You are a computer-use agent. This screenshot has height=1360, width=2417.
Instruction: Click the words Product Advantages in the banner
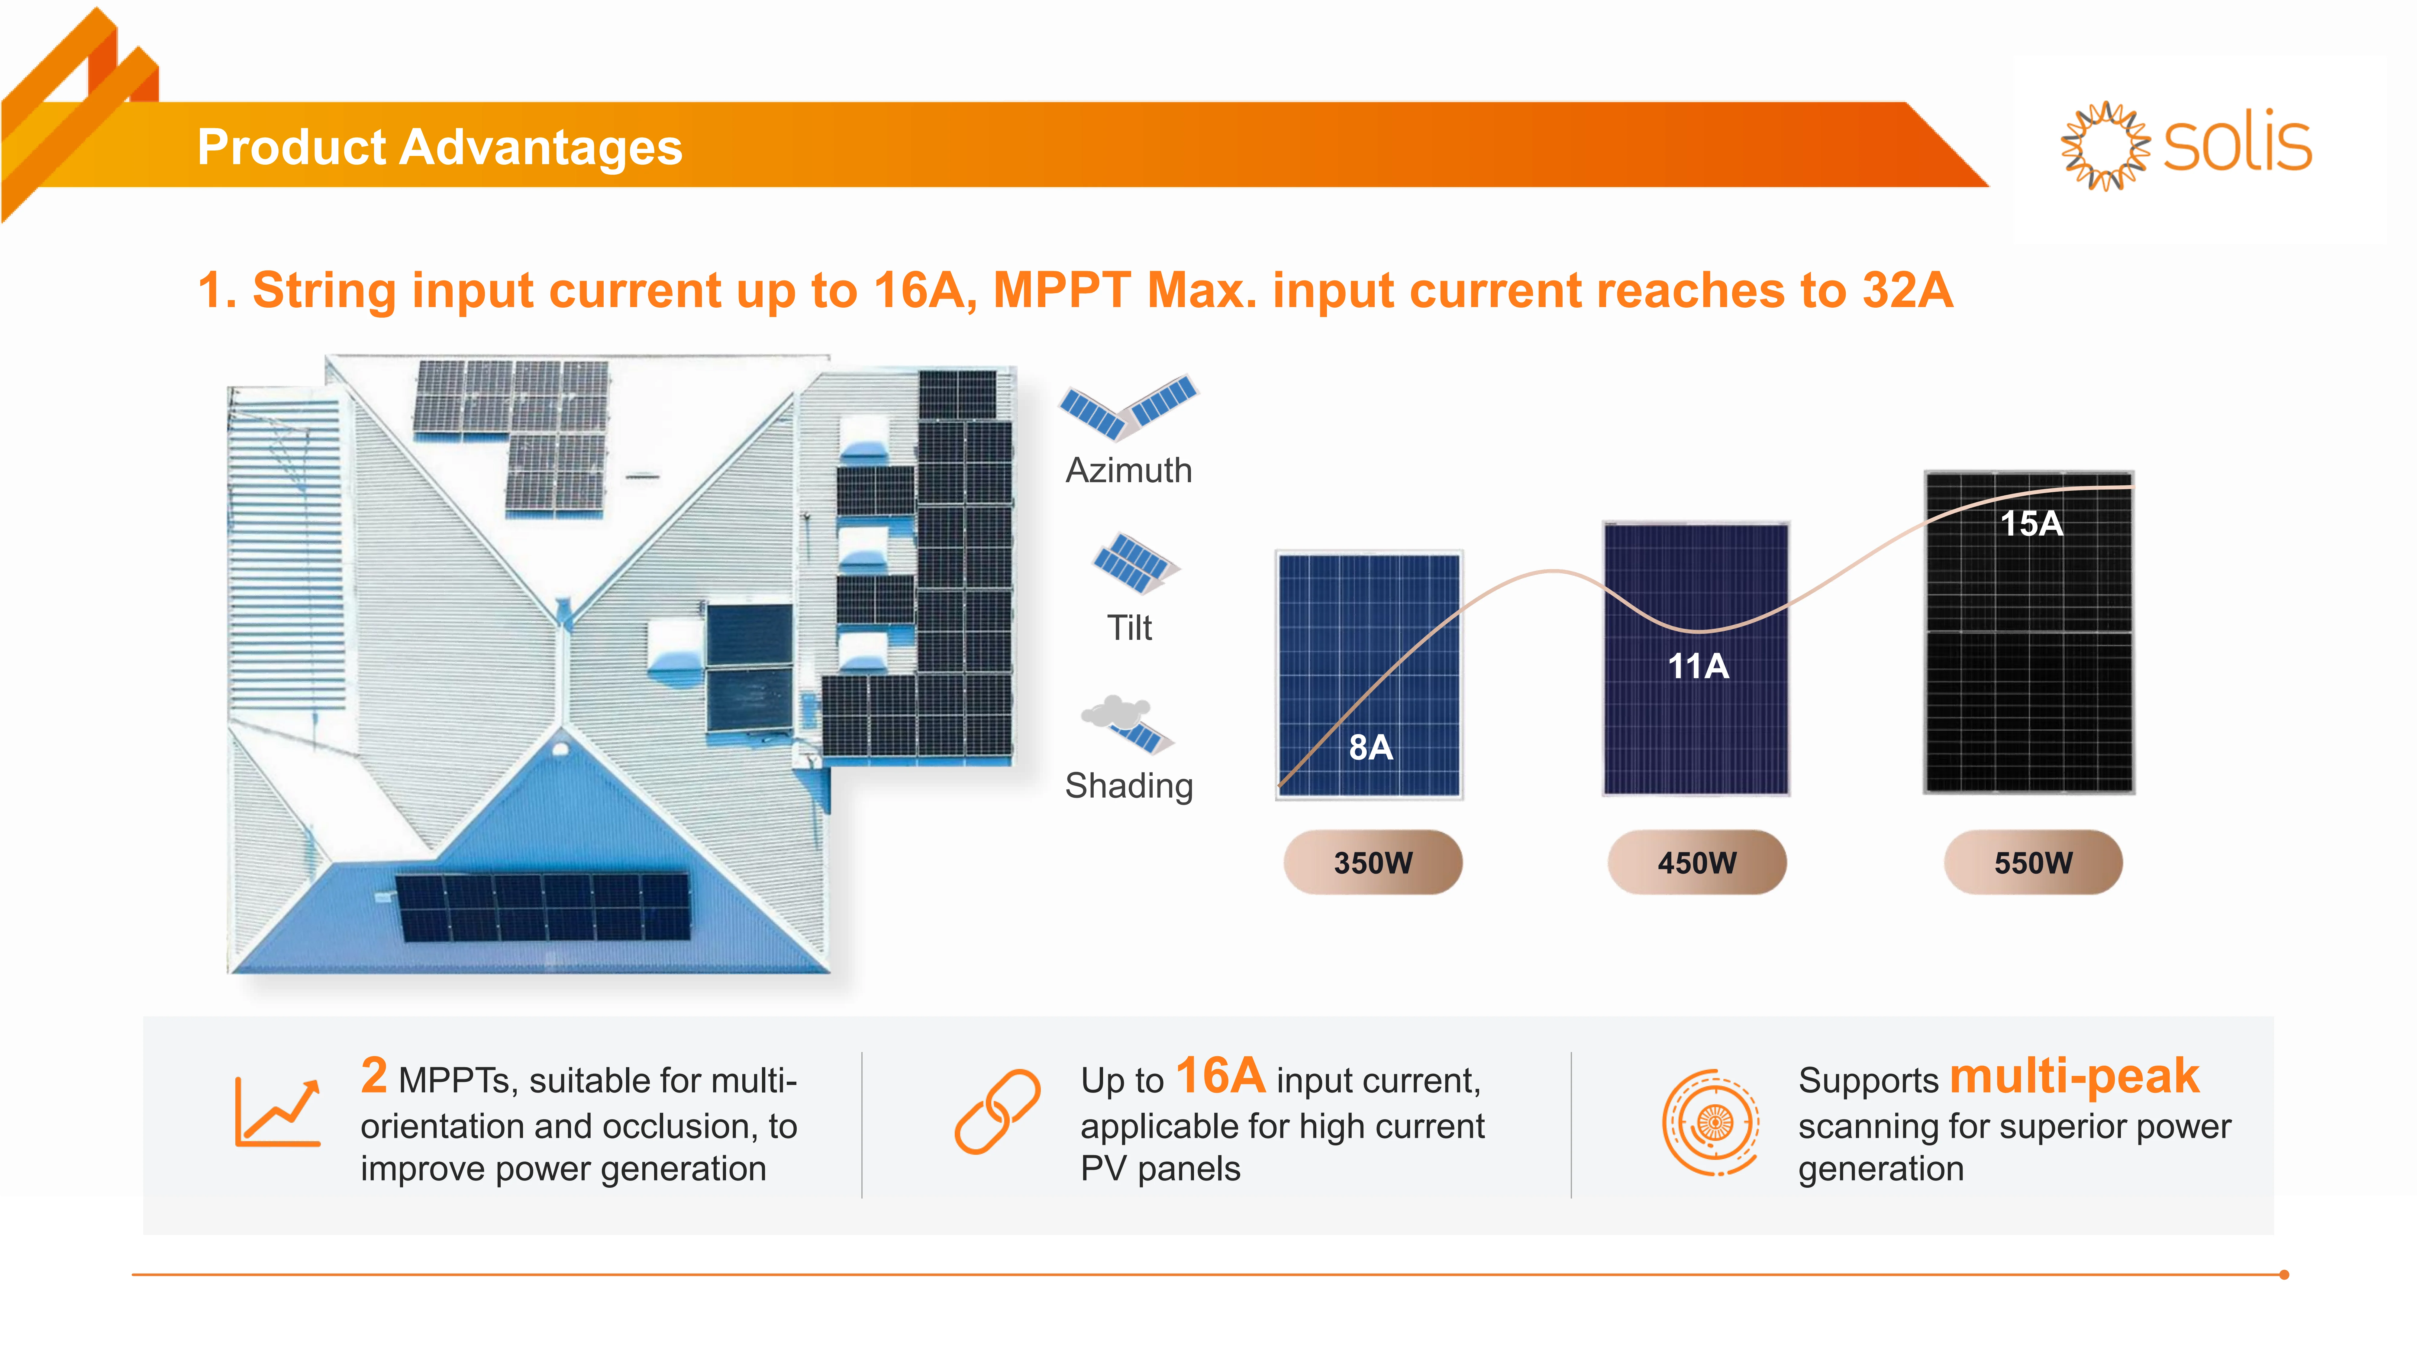[x=439, y=147]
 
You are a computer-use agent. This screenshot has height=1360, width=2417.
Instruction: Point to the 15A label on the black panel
[x=2031, y=523]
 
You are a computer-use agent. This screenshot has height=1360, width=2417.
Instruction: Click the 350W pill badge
[x=1373, y=863]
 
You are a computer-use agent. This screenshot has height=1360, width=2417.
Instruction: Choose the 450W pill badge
[x=1696, y=863]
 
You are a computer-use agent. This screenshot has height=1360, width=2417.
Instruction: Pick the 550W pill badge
[x=2032, y=863]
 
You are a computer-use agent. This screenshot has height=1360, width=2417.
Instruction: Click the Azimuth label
[x=1129, y=470]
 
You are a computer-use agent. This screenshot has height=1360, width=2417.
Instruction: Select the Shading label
[x=1129, y=785]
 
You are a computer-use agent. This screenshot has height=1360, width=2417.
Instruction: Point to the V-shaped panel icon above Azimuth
[x=1129, y=406]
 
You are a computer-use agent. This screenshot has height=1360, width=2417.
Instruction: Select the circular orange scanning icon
[x=1710, y=1122]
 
